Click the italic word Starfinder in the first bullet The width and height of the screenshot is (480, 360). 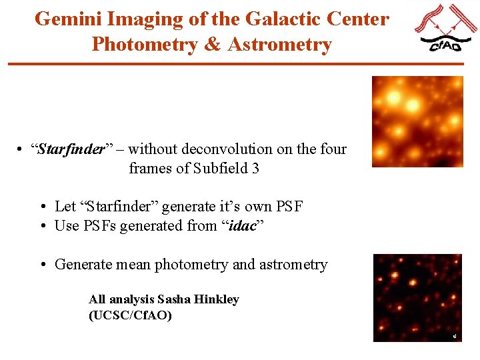coord(72,149)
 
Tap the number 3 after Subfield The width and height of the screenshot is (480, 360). coord(255,168)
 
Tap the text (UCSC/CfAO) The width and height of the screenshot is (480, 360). coord(130,315)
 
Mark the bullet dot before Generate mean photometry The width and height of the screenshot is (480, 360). coord(43,265)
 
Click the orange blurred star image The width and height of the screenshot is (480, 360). coord(417,121)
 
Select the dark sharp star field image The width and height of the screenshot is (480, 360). coord(417,297)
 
